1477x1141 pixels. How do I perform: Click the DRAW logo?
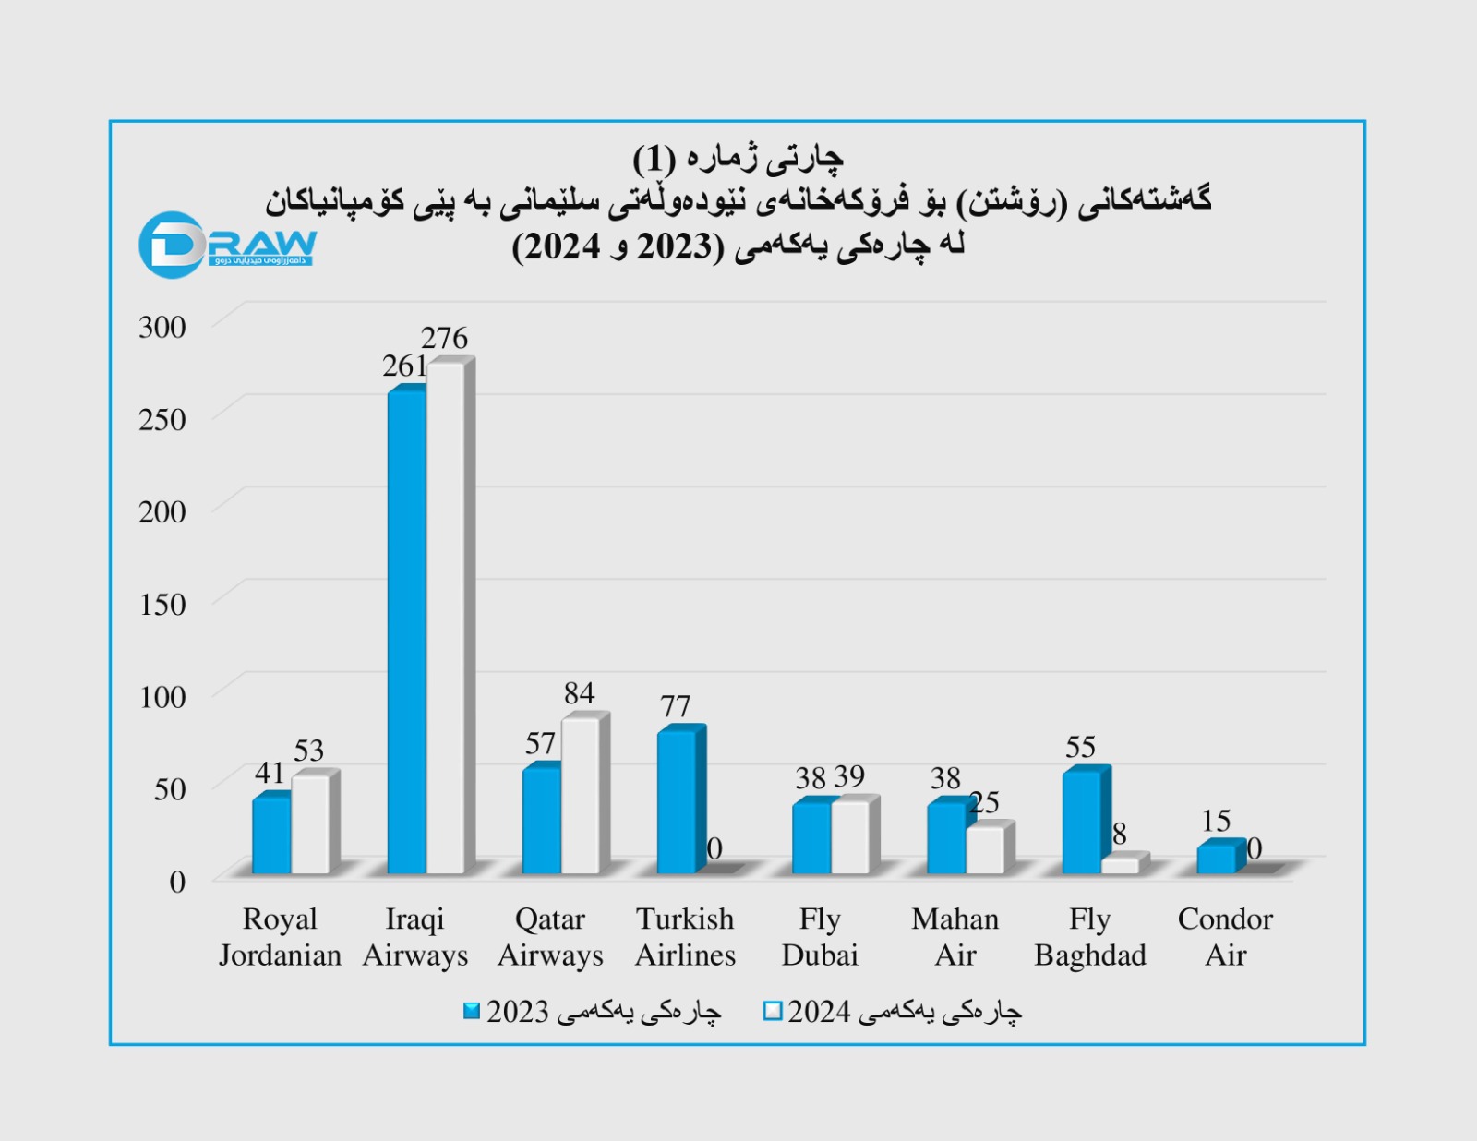227,245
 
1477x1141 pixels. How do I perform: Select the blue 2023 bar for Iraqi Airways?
406,632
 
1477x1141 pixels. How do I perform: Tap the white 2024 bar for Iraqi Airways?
445,619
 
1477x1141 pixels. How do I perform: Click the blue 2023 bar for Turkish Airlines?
677,801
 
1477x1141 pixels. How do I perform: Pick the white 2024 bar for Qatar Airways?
580,796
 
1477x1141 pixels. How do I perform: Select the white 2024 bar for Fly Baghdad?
1121,865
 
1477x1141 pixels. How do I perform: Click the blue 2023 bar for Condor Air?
1216,859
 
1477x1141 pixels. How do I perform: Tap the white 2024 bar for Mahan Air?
985,850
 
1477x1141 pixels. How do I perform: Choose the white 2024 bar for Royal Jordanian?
310,824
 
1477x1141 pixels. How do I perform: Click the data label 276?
444,338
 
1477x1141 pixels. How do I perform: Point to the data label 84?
580,693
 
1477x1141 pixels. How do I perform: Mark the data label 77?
676,706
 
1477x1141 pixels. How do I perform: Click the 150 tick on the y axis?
162,605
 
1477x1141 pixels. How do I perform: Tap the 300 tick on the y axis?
162,327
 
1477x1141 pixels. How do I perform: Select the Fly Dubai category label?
820,937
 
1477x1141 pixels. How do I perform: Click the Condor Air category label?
1225,937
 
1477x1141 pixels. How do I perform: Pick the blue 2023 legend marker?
472,1012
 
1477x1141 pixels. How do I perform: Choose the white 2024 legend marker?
773,1012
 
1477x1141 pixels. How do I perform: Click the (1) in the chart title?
654,160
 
